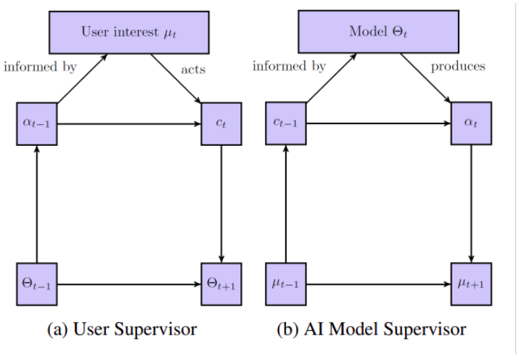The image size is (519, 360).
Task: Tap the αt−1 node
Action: (37, 124)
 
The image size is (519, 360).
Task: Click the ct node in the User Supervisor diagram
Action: (220, 124)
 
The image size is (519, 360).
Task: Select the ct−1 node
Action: (285, 124)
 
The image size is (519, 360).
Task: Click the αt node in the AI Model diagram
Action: (473, 124)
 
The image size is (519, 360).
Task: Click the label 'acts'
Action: (193, 70)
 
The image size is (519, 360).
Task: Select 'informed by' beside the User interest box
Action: (40, 67)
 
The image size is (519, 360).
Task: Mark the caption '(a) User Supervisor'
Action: (121, 330)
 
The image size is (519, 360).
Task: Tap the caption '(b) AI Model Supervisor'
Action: (371, 330)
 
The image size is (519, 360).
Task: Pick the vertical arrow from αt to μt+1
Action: (473, 204)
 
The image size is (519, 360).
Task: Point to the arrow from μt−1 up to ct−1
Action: (285, 204)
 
